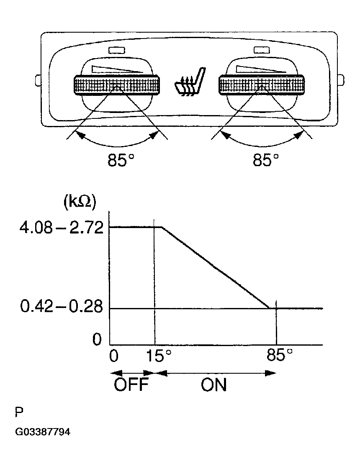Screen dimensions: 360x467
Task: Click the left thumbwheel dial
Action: [x=116, y=85]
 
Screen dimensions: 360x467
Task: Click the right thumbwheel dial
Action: [x=262, y=85]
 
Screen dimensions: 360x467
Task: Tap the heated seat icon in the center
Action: [x=190, y=82]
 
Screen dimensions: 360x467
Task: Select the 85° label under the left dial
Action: [x=121, y=160]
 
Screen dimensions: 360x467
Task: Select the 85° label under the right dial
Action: [x=266, y=160]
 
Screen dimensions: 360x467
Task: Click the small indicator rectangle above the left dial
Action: [x=117, y=51]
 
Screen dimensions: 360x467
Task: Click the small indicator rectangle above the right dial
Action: [x=262, y=50]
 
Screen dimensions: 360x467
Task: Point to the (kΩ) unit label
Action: [x=80, y=203]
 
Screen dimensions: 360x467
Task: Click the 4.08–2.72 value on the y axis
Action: [x=61, y=228]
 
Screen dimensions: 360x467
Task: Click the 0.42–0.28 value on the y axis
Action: [x=62, y=306]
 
